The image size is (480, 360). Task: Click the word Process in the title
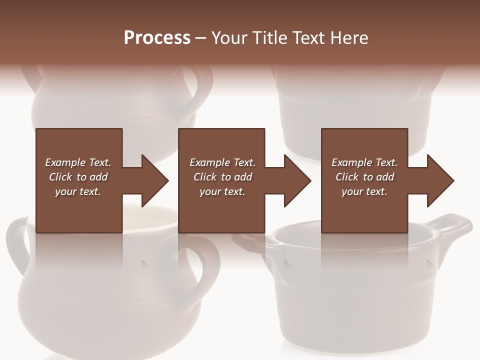[157, 38]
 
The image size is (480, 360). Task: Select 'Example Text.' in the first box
[78, 162]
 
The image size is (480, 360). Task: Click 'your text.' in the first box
[78, 191]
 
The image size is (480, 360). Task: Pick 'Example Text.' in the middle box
[222, 162]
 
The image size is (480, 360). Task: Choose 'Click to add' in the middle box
[222, 177]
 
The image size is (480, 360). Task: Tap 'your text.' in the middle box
[222, 191]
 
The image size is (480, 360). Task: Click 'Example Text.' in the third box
[364, 162]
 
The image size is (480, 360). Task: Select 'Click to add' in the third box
[364, 177]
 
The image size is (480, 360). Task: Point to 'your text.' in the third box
[364, 191]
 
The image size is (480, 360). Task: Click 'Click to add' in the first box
[78, 177]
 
